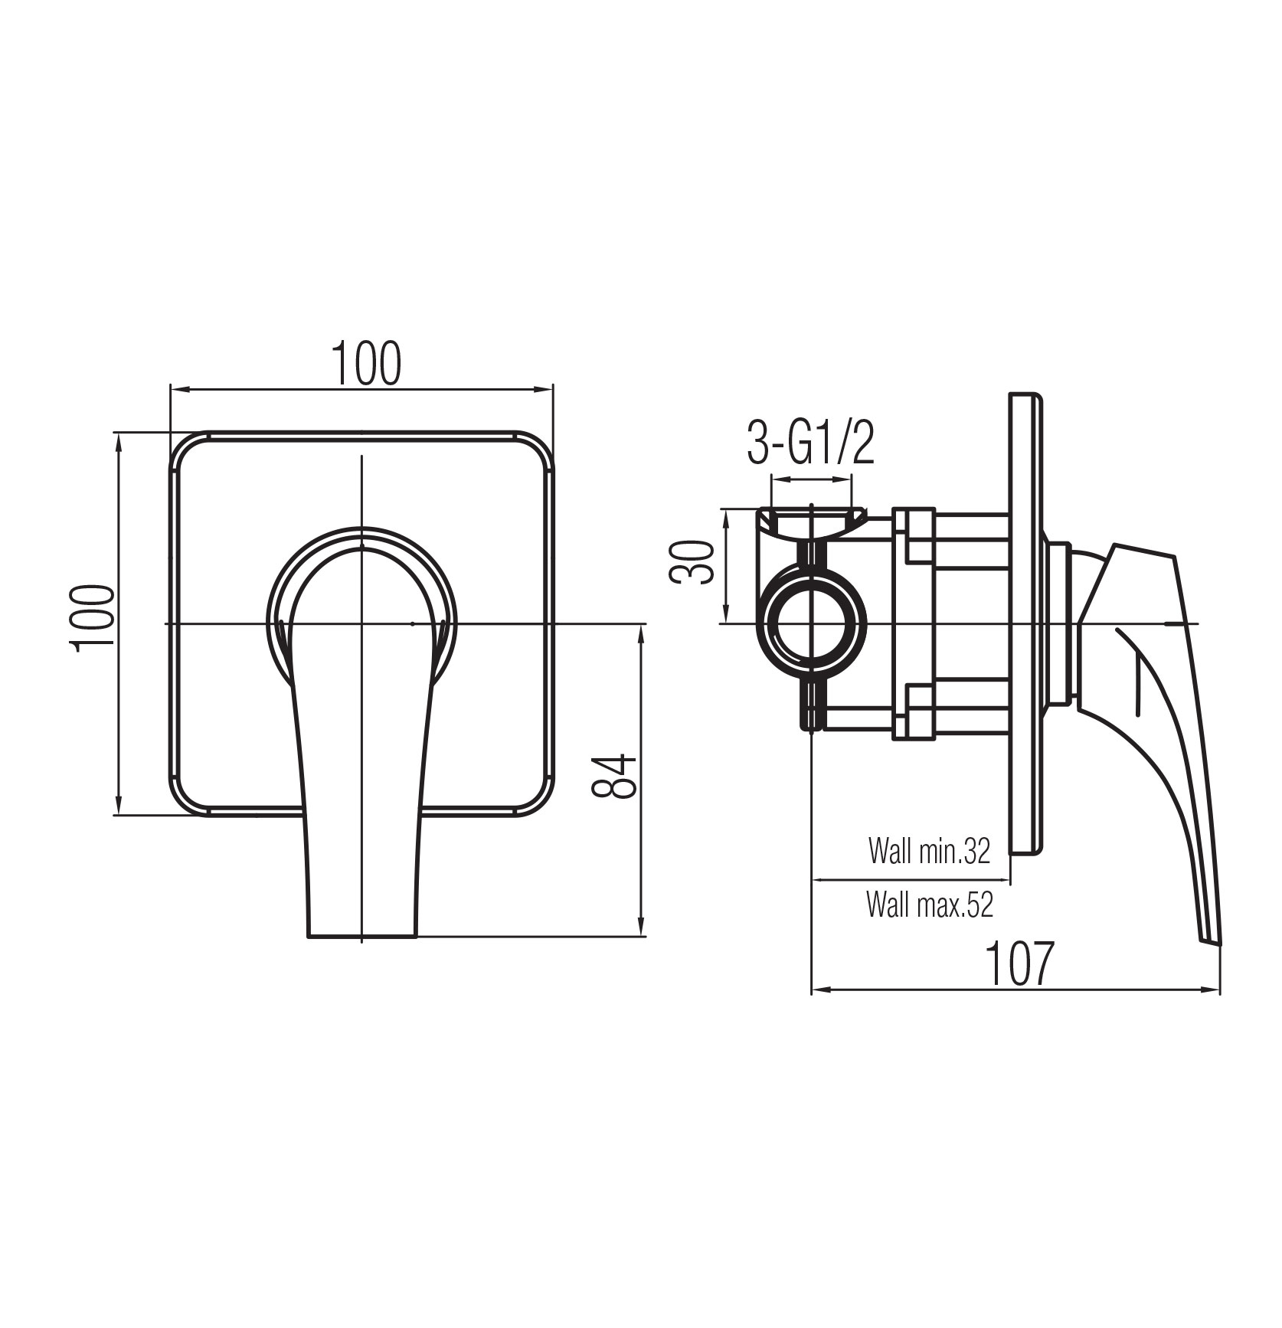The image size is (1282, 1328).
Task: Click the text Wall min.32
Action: point(929,851)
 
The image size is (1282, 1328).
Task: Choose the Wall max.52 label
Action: point(930,905)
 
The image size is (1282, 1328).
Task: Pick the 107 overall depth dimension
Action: point(1019,963)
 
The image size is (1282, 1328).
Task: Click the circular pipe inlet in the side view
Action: point(811,623)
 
